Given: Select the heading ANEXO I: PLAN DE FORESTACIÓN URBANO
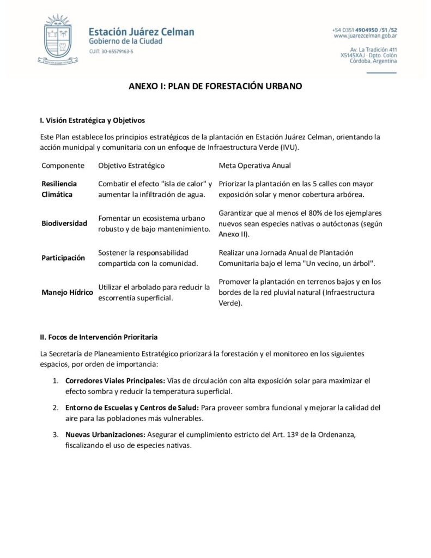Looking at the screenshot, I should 215,87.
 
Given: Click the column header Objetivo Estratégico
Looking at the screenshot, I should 131,165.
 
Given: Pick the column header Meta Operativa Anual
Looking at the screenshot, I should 254,165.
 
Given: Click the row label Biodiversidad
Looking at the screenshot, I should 64,223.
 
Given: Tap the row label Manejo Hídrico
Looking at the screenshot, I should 67,292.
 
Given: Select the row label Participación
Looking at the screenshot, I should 63,258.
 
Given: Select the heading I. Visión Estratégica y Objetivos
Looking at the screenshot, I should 93,120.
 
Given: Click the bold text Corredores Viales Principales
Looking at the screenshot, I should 115,380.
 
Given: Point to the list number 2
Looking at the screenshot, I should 56,407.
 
